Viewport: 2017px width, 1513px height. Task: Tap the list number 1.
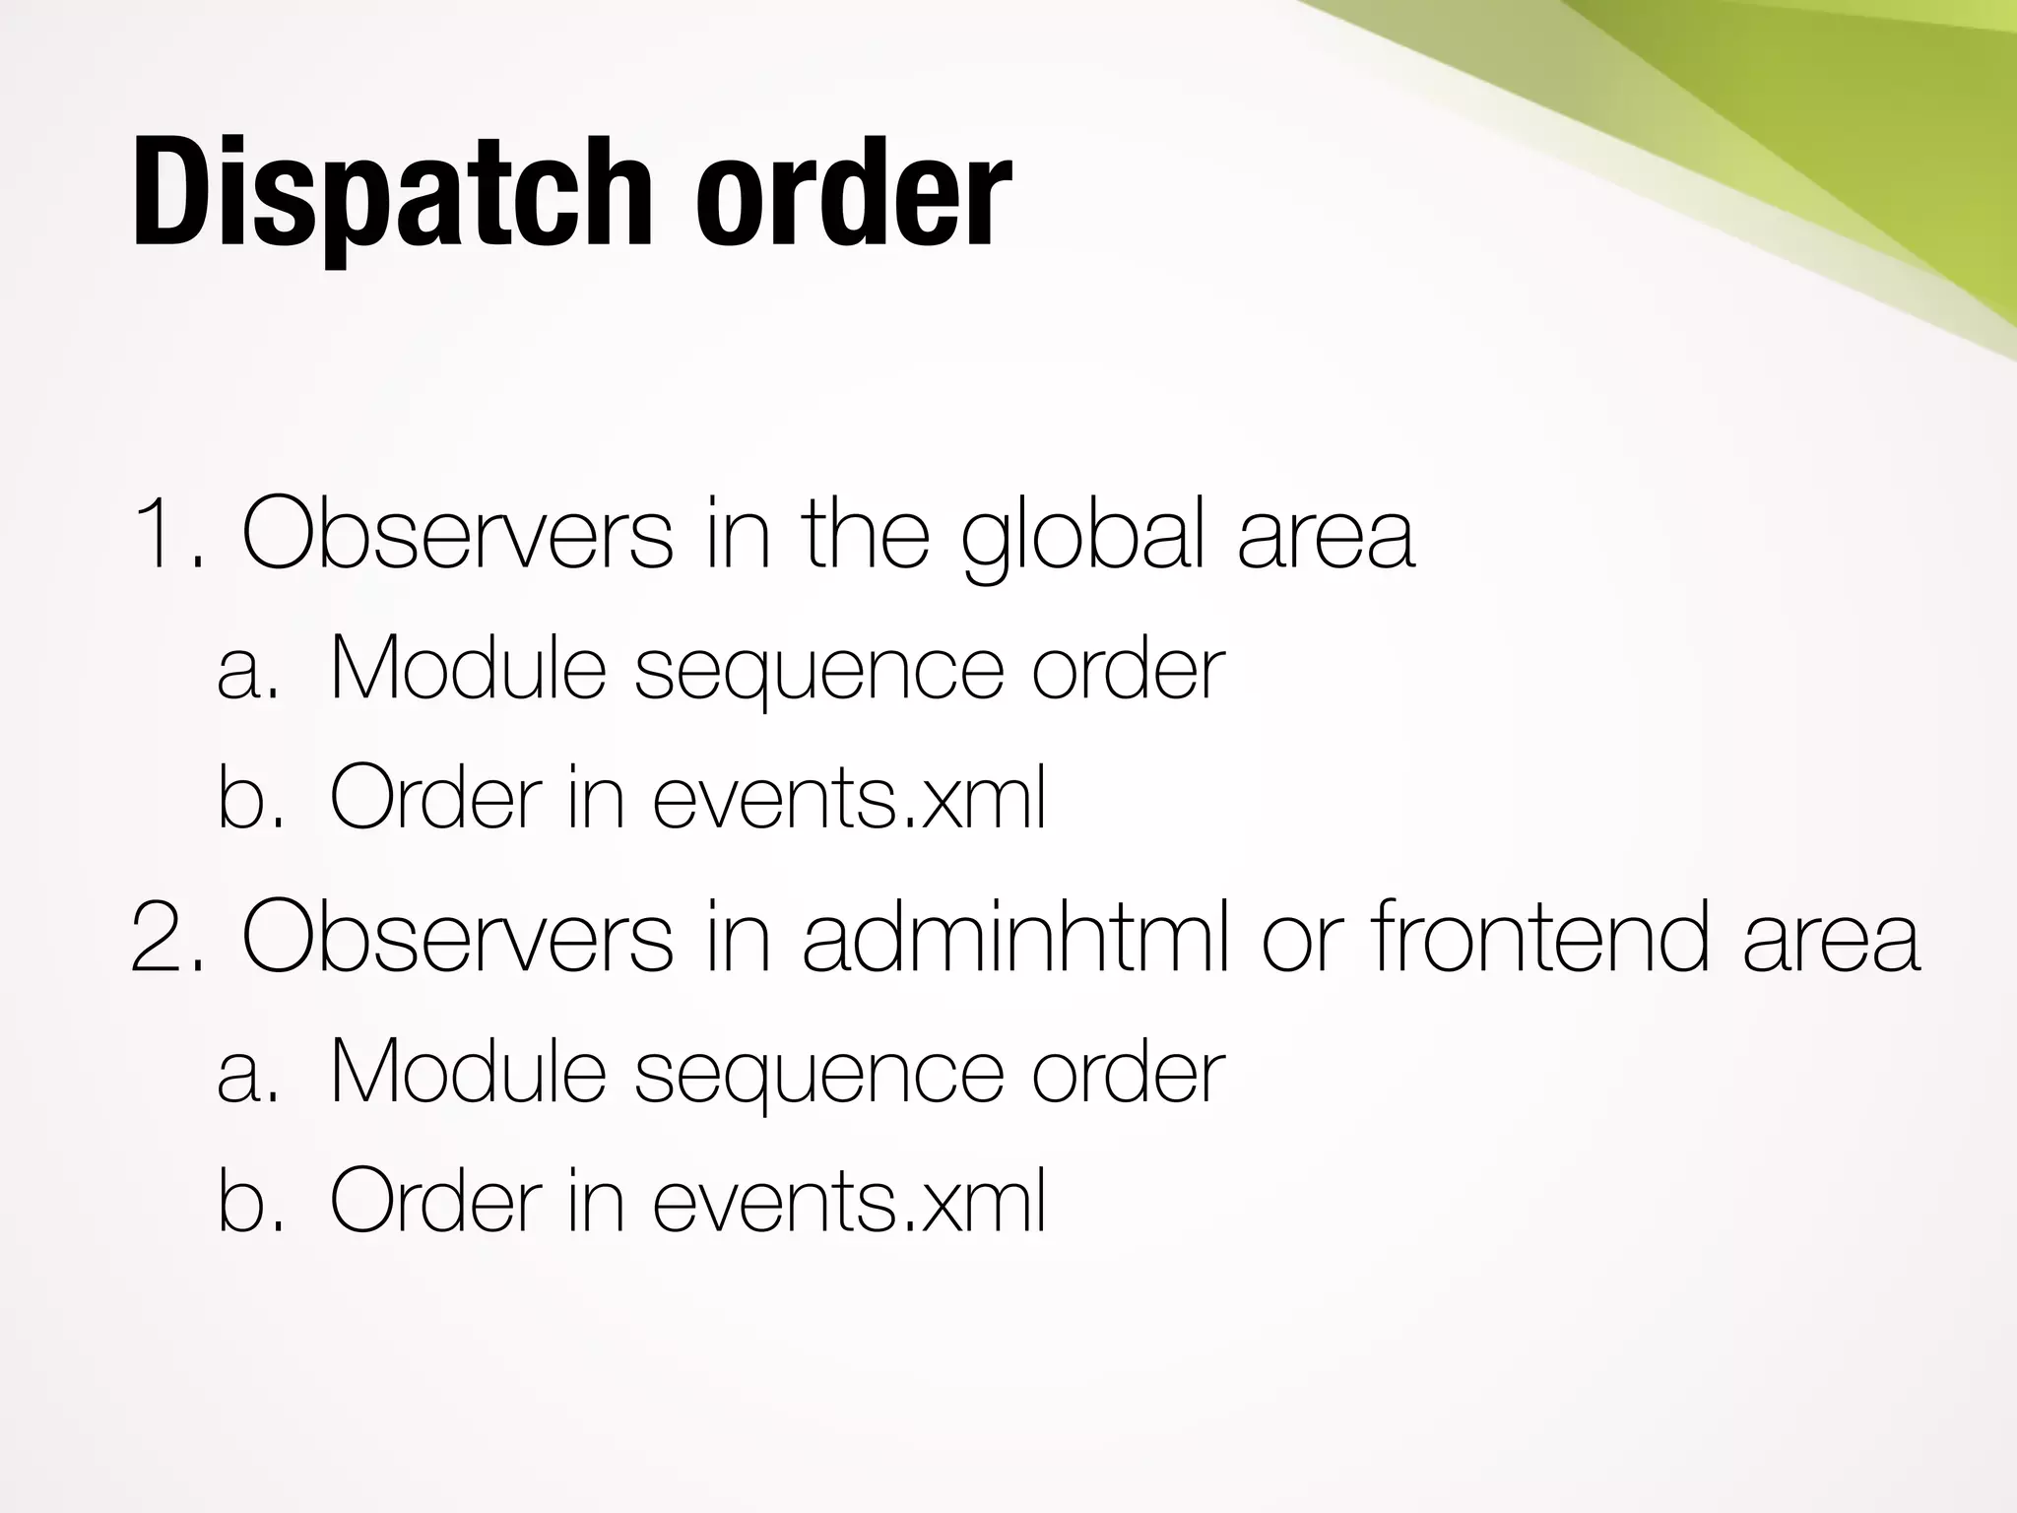tap(167, 537)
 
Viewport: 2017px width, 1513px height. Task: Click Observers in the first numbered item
tap(457, 537)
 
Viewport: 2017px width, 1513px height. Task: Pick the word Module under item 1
tap(467, 670)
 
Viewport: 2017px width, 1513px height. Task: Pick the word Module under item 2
tap(467, 1073)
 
